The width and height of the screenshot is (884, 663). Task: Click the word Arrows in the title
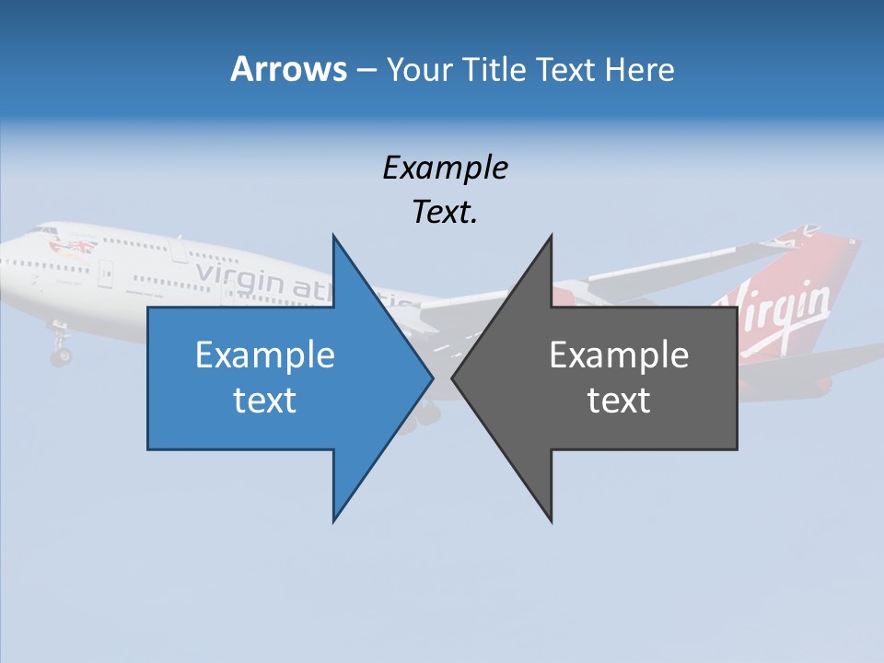click(288, 69)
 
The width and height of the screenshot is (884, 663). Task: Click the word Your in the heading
click(420, 70)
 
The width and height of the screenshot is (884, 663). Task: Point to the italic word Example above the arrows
click(445, 168)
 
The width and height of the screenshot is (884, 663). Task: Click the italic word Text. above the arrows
click(445, 213)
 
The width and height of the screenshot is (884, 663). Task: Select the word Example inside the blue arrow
click(265, 355)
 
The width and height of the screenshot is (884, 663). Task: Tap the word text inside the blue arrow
click(265, 401)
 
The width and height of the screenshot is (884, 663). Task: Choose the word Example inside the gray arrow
click(619, 355)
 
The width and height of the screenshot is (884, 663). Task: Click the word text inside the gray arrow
click(619, 401)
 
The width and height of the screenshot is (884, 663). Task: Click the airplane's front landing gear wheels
click(61, 355)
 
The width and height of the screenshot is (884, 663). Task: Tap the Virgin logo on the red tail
click(783, 313)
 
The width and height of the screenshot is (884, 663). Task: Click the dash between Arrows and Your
click(365, 70)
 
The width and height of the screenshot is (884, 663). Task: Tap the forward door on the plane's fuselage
click(107, 273)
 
